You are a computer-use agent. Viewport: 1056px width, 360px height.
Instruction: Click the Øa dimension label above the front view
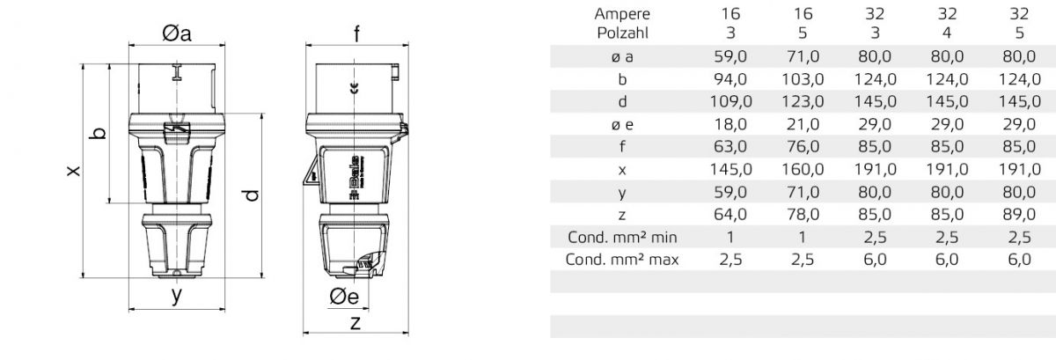coord(177,33)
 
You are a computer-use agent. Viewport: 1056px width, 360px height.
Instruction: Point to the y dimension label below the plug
coord(177,296)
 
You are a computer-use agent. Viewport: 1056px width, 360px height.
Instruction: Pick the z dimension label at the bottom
coord(355,322)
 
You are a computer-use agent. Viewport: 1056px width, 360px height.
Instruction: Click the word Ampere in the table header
coord(622,13)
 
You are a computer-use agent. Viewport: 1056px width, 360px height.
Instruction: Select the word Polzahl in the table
coord(622,33)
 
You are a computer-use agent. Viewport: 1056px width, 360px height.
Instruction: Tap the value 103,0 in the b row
coord(803,79)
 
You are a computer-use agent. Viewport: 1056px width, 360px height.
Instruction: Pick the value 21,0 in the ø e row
coord(803,124)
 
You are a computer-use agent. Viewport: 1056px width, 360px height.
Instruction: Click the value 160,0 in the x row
coord(803,169)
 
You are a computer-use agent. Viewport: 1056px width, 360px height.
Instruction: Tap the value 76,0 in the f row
coord(803,146)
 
